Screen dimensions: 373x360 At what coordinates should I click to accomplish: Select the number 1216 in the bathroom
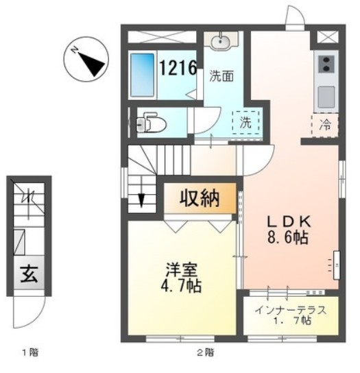point(179,68)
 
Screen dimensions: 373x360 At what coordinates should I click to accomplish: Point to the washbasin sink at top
point(220,43)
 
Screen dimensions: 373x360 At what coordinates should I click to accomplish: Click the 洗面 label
point(221,76)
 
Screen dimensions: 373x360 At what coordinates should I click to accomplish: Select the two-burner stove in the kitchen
point(326,67)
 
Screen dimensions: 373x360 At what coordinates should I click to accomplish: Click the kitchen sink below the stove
point(326,94)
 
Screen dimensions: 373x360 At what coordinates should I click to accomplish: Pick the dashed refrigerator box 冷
point(326,125)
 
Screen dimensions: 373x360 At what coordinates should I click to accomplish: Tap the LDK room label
point(289,222)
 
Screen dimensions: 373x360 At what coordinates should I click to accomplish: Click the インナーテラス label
point(290,309)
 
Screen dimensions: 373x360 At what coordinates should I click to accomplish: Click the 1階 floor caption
point(28,354)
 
